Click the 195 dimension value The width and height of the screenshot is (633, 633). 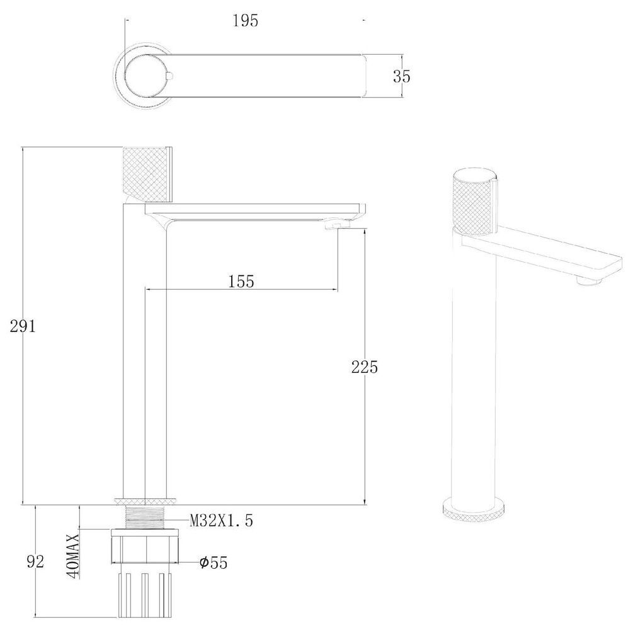(246, 21)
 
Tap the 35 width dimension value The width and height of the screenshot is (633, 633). (402, 76)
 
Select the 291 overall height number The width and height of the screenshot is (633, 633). (23, 326)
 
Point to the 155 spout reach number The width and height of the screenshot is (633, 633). (241, 282)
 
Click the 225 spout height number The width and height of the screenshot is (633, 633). (365, 367)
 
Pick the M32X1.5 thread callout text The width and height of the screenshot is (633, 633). (222, 520)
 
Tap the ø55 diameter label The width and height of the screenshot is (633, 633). (214, 562)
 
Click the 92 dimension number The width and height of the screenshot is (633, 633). (35, 562)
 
